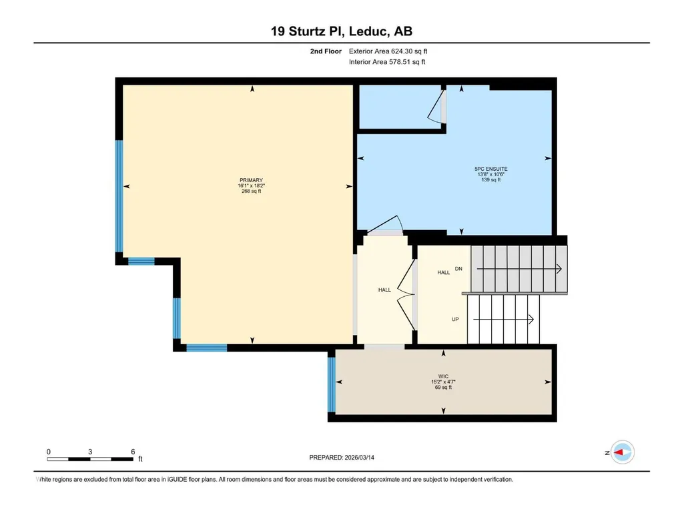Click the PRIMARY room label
[x=252, y=180]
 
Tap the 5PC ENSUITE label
[x=490, y=169]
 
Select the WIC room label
[x=443, y=376]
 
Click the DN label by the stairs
[x=458, y=269]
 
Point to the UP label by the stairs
[x=455, y=320]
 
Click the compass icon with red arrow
[x=622, y=452]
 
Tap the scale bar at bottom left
[x=90, y=459]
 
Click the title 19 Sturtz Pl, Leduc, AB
[x=342, y=31]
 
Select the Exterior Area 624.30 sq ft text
[x=388, y=51]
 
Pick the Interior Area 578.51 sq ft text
[x=387, y=62]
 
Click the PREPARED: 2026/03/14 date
[x=342, y=458]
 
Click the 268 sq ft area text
[x=252, y=191]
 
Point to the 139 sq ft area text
[x=490, y=179]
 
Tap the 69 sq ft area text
[x=443, y=387]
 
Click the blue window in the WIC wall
[x=332, y=384]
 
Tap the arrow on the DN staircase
[x=519, y=269]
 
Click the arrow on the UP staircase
[x=503, y=320]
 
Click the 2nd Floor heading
[x=326, y=51]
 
